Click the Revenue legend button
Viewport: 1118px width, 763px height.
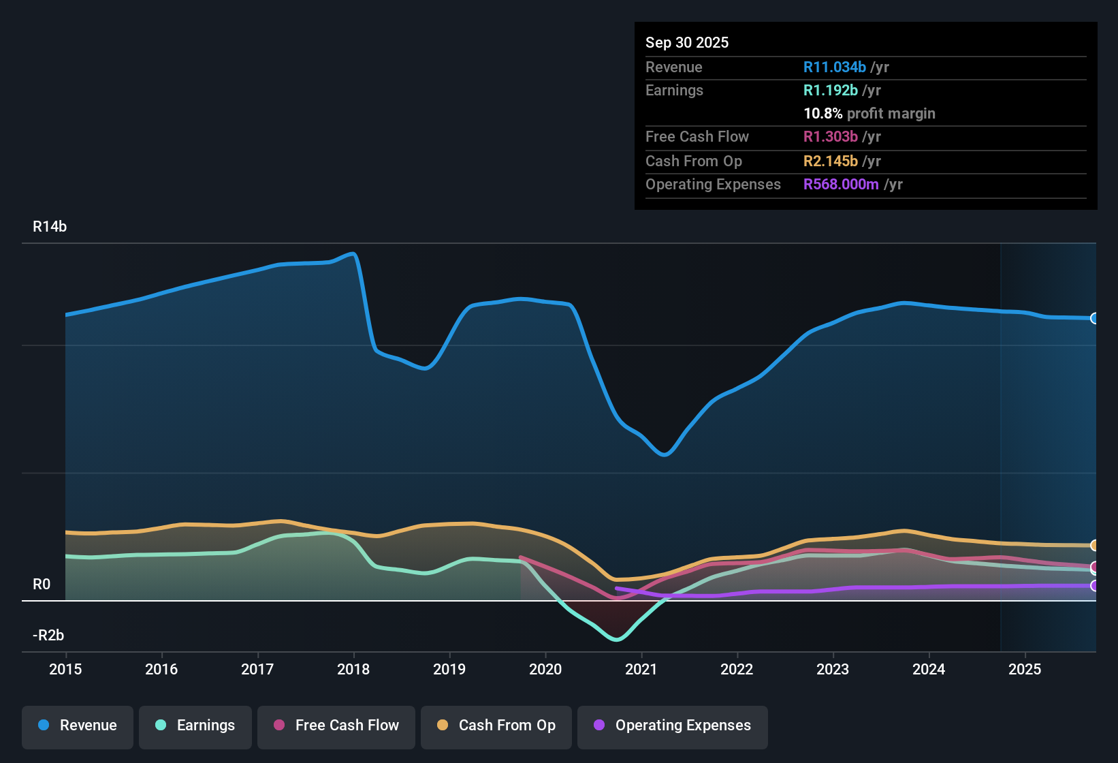(x=78, y=726)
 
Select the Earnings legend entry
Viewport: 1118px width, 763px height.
(x=195, y=726)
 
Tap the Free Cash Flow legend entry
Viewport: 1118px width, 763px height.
(x=336, y=726)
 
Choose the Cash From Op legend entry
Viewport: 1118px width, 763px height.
(x=496, y=726)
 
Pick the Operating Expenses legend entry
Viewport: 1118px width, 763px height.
(x=672, y=726)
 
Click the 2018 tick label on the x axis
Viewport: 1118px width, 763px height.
(x=353, y=670)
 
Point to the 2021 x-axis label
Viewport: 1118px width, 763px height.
(x=641, y=670)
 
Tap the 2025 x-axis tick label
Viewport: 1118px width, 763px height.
(x=1024, y=670)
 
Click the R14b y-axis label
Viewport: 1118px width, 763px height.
(x=50, y=227)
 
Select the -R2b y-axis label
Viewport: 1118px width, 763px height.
(x=48, y=636)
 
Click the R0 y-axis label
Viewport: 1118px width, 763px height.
(x=42, y=585)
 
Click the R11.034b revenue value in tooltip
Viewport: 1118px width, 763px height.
(x=834, y=67)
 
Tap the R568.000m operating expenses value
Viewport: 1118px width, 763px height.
(x=841, y=185)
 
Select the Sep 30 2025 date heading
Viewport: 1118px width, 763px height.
(x=686, y=43)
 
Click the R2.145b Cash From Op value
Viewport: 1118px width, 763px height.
(x=830, y=161)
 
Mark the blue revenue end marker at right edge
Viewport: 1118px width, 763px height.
(x=1094, y=318)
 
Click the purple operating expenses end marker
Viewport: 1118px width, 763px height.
(x=1094, y=586)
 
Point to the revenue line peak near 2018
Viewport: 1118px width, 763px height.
(x=353, y=254)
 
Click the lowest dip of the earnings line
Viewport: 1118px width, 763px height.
(x=617, y=640)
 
